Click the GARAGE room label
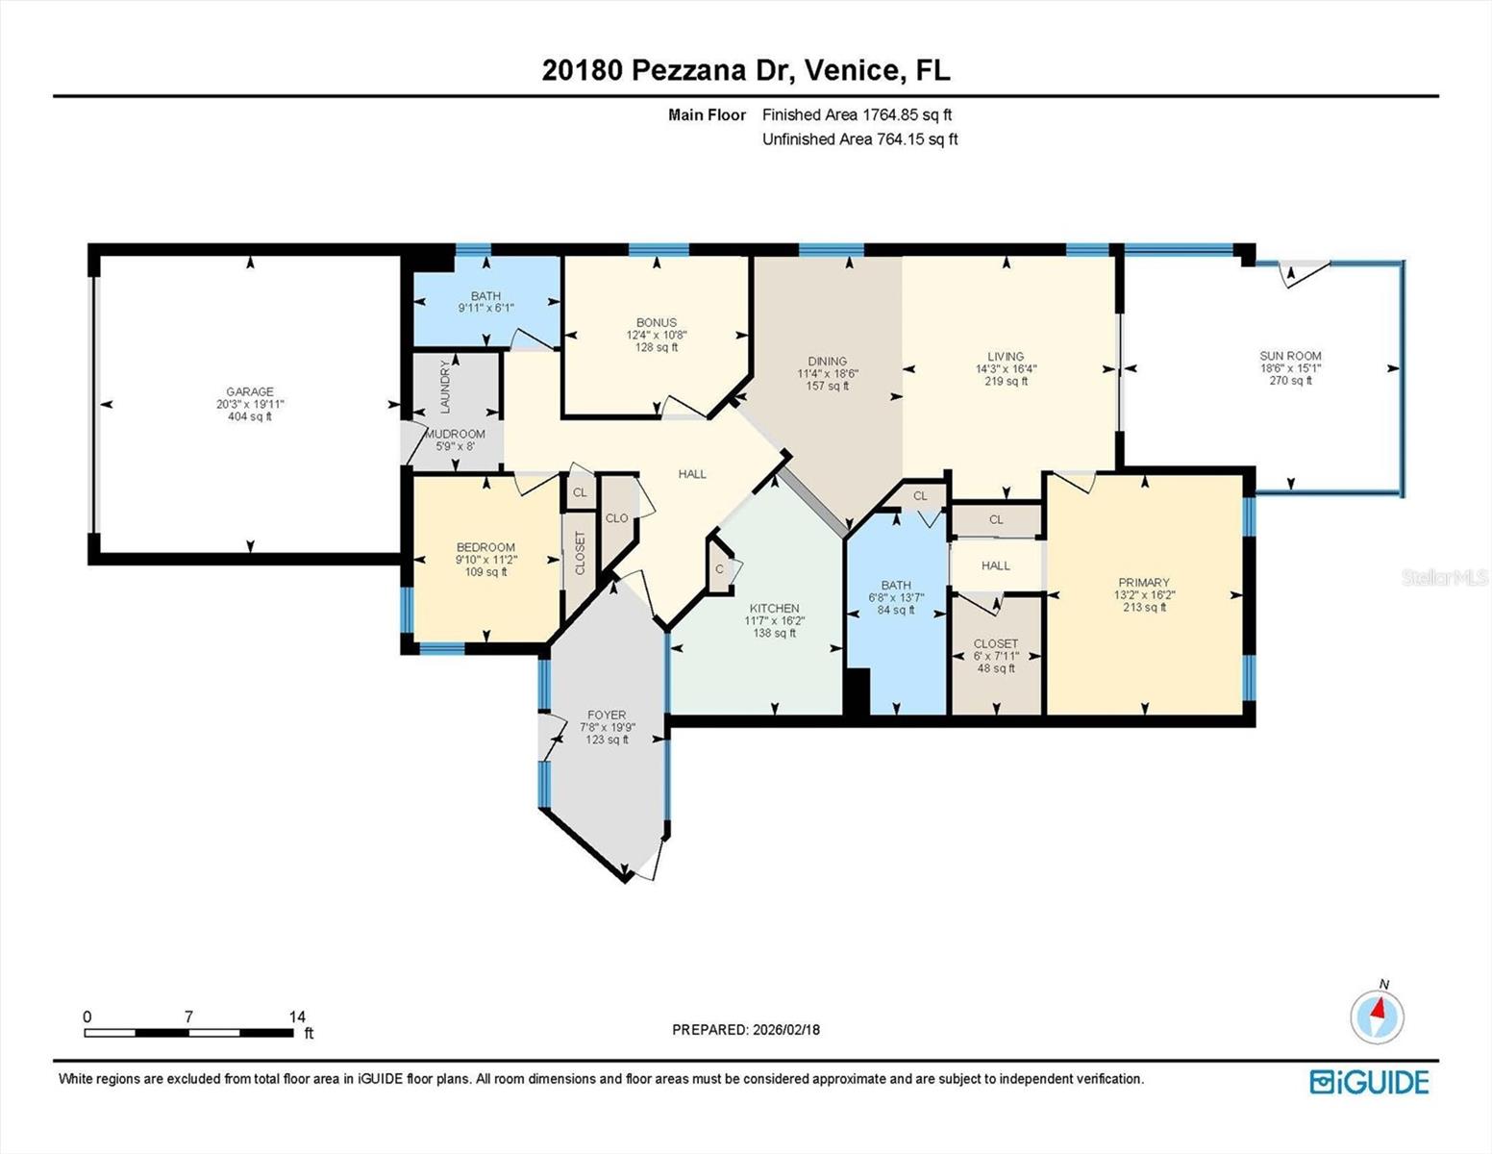point(250,391)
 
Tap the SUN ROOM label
point(1290,356)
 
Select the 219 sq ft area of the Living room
point(1006,381)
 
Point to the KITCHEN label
point(774,609)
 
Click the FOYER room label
point(607,715)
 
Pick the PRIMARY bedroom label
point(1144,583)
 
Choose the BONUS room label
point(657,323)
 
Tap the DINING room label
point(827,362)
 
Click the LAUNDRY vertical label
point(445,387)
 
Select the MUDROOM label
point(455,434)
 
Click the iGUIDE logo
point(1369,1082)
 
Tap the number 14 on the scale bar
point(297,1016)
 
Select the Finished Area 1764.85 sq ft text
point(857,114)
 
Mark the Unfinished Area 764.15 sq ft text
point(859,139)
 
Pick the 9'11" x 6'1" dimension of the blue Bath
point(485,309)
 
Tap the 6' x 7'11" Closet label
point(995,656)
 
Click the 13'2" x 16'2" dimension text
point(1144,595)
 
